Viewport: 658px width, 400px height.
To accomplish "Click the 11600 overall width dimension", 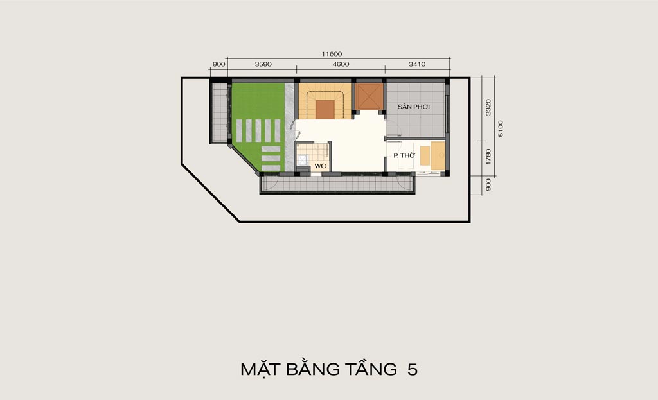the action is [x=332, y=54].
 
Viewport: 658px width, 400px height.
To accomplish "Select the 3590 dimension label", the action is [x=263, y=64].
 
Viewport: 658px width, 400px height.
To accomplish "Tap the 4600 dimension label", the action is [x=341, y=64].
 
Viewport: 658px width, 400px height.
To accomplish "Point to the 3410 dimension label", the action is [x=417, y=64].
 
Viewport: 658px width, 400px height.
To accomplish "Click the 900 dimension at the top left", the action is [x=218, y=64].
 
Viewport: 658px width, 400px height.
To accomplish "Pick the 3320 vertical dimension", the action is [x=488, y=107].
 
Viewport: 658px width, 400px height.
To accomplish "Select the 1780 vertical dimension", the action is [x=488, y=157].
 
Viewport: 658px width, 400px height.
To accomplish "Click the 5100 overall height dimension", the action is [x=500, y=128].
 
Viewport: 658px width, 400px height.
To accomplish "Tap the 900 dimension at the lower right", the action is [x=488, y=185].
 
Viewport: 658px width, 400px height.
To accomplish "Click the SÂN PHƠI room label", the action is [x=414, y=107].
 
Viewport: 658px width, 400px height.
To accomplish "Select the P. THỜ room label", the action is [x=404, y=155].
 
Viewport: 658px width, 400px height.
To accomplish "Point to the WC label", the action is [x=320, y=166].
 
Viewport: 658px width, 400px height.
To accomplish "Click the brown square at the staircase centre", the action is [x=325, y=110].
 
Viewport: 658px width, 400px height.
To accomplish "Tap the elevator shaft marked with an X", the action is [x=369, y=97].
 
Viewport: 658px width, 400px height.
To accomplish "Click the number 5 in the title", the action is [x=412, y=369].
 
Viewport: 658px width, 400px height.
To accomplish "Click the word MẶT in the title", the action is [x=261, y=369].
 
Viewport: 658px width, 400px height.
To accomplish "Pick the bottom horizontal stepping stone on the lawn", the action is [x=271, y=168].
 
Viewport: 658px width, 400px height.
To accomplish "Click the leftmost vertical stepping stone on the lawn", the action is [x=239, y=131].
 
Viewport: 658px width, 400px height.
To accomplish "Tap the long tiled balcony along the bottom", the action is [x=337, y=184].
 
